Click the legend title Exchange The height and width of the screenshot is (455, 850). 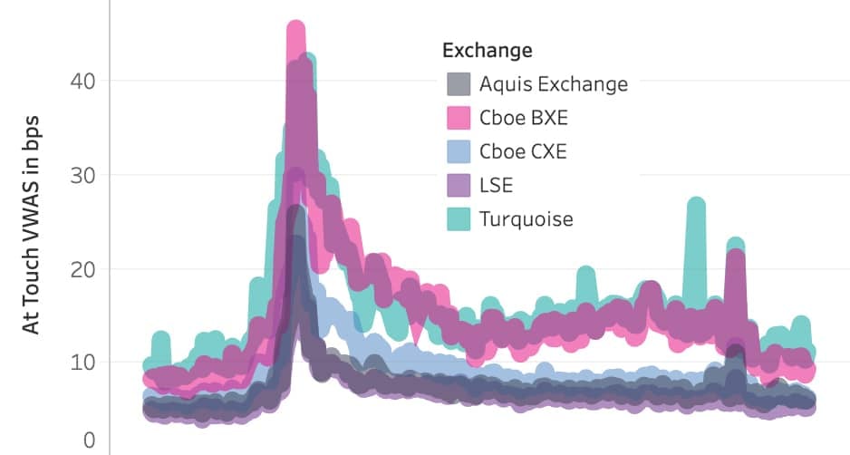coord(487,49)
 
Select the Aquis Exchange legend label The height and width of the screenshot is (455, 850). coord(553,84)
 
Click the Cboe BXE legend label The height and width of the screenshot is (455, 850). coord(524,118)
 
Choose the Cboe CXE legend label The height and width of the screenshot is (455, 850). coord(523,151)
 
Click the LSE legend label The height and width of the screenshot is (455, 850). coord(497,185)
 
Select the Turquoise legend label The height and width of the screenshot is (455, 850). coord(526,218)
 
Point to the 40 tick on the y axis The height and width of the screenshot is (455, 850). coord(82,81)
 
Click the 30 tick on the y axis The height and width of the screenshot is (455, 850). coord(82,174)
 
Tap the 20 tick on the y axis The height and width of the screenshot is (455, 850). coord(82,268)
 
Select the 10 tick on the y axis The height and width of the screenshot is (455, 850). coord(82,362)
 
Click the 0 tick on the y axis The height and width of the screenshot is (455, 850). coord(89,440)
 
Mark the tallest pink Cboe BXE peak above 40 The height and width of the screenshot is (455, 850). coord(295,29)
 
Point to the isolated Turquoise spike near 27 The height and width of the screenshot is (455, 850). coord(695,205)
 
